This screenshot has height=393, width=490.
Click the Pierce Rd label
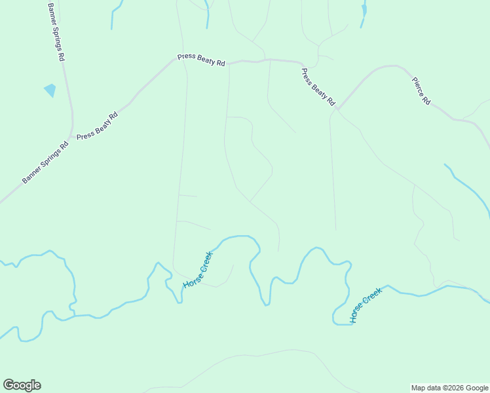(x=421, y=91)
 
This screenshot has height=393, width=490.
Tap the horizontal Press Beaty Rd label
(x=201, y=60)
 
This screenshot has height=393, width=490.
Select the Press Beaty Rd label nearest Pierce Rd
(x=318, y=86)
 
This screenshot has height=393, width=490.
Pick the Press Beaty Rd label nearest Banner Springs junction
(x=98, y=126)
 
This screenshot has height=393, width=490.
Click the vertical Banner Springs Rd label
(x=56, y=31)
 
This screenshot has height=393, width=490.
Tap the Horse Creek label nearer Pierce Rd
(x=365, y=305)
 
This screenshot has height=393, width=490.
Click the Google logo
(x=22, y=385)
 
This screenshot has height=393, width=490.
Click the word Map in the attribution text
(x=419, y=388)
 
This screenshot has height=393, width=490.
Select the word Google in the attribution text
(x=476, y=388)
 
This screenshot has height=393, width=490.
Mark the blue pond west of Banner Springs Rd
(x=50, y=90)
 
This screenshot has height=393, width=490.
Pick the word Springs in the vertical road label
(x=56, y=28)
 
